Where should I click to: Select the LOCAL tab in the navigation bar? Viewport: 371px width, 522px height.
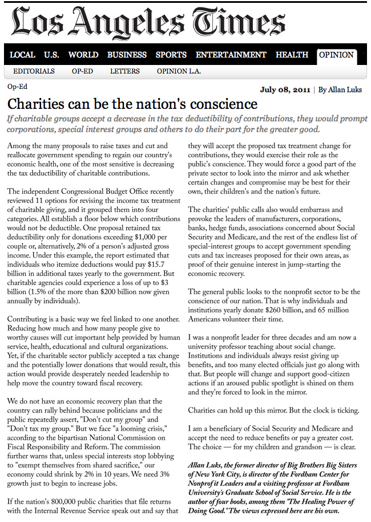pos(23,55)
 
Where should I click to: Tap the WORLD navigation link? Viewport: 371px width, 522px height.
pos(83,55)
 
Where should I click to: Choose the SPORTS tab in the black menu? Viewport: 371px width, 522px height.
pos(171,55)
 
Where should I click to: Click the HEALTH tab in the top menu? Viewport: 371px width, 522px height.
pos(292,55)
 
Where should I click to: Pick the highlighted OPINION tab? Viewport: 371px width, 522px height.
pos(337,55)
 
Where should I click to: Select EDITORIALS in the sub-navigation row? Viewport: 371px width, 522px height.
pos(34,71)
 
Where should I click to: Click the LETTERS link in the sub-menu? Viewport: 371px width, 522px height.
pos(125,71)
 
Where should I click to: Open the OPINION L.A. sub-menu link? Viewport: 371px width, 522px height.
pos(179,71)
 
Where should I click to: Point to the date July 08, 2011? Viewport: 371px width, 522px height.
pos(286,89)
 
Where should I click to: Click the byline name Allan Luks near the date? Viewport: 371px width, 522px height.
pos(345,89)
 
